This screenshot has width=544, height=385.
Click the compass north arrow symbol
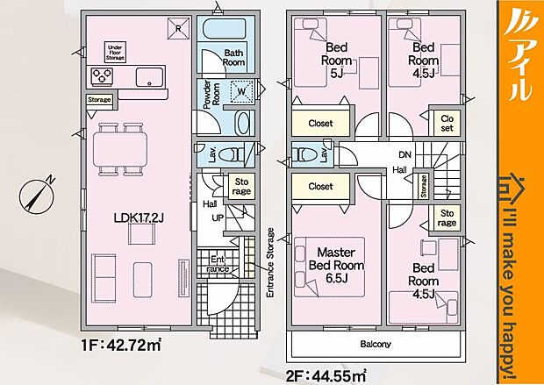click(37, 196)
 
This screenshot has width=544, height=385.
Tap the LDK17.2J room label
click(139, 217)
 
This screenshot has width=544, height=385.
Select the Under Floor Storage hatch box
click(115, 53)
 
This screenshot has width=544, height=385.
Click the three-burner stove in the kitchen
click(102, 76)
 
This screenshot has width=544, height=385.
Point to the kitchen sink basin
click(149, 77)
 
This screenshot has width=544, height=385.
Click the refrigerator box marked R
click(178, 28)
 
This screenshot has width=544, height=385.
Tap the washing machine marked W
click(241, 91)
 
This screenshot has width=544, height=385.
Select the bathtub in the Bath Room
click(224, 30)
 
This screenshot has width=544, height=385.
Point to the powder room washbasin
click(242, 124)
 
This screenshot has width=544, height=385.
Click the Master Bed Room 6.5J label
click(336, 266)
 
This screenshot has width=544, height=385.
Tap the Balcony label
click(376, 344)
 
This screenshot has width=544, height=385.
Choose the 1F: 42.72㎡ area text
click(121, 346)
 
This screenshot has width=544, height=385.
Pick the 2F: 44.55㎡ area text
click(326, 376)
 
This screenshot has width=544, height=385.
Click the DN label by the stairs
click(404, 154)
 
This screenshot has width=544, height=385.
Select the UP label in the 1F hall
click(218, 217)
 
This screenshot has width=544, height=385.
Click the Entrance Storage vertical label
click(270, 262)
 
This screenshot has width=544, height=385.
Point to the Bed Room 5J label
click(336, 60)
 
